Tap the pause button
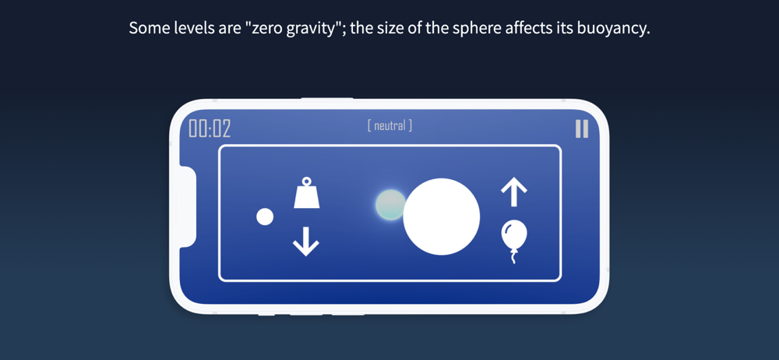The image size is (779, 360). point(582,129)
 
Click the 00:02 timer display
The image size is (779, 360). point(210,129)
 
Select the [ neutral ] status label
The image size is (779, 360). point(389,125)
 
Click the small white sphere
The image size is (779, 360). point(265,217)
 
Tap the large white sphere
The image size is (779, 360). point(441,217)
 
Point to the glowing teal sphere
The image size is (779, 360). point(390,205)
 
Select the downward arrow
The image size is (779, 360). point(306,241)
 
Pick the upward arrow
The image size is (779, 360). point(513,192)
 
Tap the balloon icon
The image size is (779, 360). point(514,241)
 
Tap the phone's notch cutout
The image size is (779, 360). point(187,206)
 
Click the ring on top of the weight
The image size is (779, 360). point(306,181)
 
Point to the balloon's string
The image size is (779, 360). point(514,257)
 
